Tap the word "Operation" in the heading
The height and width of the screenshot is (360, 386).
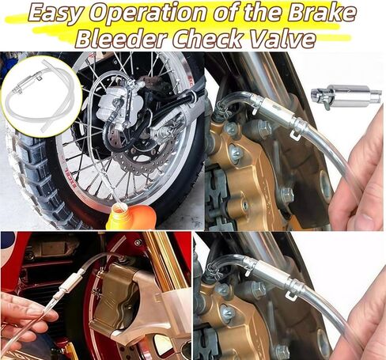click(147, 13)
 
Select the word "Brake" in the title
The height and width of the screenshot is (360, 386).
click(322, 12)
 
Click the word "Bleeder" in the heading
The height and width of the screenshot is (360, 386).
click(120, 38)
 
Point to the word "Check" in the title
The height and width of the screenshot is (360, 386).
click(207, 38)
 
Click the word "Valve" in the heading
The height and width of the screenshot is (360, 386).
click(282, 38)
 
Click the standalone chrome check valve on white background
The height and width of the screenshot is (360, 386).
click(346, 97)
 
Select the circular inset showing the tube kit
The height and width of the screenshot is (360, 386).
click(42, 97)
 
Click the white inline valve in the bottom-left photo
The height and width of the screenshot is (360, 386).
click(68, 284)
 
